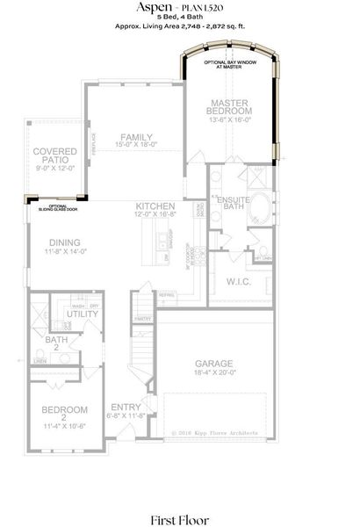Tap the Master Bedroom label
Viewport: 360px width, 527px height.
(229, 106)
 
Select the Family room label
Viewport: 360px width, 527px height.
(136, 137)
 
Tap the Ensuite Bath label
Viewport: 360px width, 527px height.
(234, 201)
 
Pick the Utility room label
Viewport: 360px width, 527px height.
(82, 314)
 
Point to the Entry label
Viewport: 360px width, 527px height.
(126, 407)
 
